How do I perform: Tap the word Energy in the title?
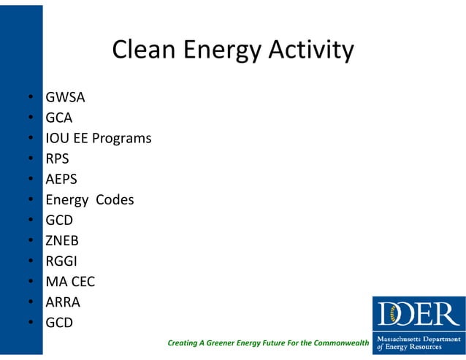coord(216,50)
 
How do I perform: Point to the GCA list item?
coord(59,117)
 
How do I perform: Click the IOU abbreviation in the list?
coord(56,137)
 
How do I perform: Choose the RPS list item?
coord(57,158)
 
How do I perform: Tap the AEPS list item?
coord(61,178)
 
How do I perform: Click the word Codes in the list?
coord(114,199)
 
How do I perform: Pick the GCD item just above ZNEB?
coord(59,219)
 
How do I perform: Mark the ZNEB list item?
coord(62,240)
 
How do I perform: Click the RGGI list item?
coord(60,260)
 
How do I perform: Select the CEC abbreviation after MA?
coord(82,280)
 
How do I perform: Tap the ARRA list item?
coord(63,301)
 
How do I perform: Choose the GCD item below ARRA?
coord(59,321)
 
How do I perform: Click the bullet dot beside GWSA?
coord(31,97)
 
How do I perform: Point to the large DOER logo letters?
coord(419,314)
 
